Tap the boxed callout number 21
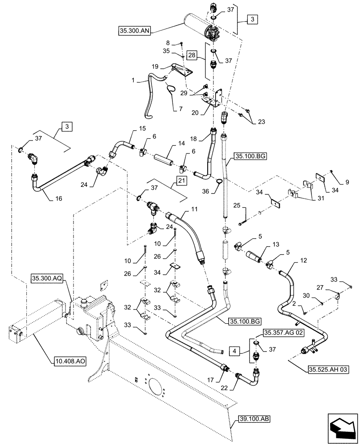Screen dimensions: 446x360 click(181, 180)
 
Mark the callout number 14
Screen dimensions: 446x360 click(168, 145)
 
